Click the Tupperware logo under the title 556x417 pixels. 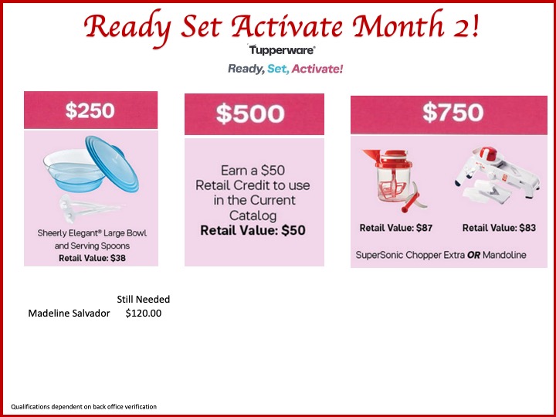[282, 49]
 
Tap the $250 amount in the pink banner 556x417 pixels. [90, 110]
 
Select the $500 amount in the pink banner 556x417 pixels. [250, 114]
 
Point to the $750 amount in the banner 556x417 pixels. [453, 113]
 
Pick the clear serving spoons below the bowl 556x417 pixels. [86, 208]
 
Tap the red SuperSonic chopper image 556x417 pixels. [394, 180]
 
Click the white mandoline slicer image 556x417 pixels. [497, 173]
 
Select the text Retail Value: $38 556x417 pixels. [92, 258]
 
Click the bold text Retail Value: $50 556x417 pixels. [253, 230]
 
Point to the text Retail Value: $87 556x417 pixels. [396, 228]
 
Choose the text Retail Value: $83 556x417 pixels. [499, 228]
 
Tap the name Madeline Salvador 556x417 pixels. [69, 314]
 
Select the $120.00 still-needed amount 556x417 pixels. [144, 314]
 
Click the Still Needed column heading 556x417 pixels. [144, 300]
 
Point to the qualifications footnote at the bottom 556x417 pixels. [83, 407]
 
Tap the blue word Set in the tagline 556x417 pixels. [278, 69]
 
